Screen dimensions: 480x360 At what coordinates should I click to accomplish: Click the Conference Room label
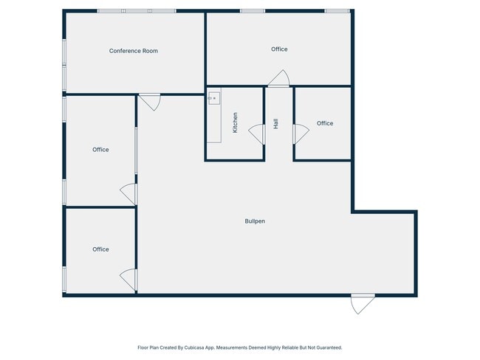[x=134, y=51]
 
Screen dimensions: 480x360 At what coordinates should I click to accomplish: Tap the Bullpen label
[x=255, y=221]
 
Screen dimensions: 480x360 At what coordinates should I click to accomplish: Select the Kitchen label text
[x=235, y=122]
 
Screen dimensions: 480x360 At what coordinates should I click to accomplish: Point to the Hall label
[x=275, y=124]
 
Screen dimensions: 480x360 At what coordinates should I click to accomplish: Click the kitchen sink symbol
[x=214, y=98]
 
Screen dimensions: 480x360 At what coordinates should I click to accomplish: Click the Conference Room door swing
[x=150, y=103]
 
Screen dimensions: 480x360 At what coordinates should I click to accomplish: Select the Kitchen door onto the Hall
[x=257, y=134]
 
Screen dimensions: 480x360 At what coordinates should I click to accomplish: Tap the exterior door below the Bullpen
[x=363, y=304]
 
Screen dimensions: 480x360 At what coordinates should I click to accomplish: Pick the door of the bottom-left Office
[x=128, y=280]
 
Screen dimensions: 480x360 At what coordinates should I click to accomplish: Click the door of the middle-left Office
[x=128, y=194]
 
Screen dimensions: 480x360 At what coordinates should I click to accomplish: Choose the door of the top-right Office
[x=279, y=78]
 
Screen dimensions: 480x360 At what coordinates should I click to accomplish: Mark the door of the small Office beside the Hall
[x=301, y=134]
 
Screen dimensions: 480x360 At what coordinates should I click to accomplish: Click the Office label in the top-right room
[x=279, y=49]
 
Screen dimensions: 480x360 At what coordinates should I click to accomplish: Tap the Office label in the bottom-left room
[x=100, y=249]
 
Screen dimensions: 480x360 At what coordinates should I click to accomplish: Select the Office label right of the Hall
[x=325, y=123]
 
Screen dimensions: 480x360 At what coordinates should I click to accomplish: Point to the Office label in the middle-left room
[x=100, y=150]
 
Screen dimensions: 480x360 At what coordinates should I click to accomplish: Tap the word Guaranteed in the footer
[x=329, y=347]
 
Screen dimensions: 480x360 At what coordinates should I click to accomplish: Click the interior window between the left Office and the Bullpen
[x=136, y=150]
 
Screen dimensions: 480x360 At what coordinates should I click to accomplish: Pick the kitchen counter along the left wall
[x=214, y=115]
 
